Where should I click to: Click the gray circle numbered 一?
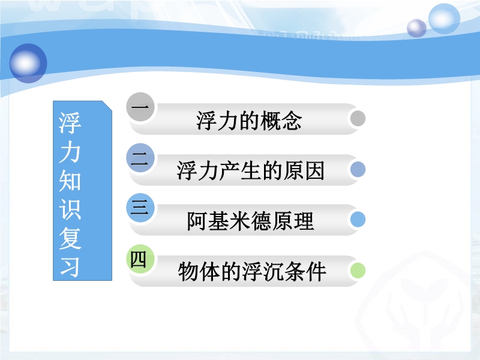tap(140, 107)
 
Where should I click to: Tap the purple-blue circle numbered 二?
tap(140, 158)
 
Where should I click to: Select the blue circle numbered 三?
tap(140, 208)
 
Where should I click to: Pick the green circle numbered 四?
tap(140, 259)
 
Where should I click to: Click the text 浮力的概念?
tap(249, 121)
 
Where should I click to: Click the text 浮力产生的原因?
tap(250, 170)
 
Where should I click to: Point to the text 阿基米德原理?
tap(250, 221)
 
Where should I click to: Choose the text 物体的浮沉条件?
tap(252, 272)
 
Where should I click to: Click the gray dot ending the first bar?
tap(358, 118)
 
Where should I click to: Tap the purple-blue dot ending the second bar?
tap(358, 169)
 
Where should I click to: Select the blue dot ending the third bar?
tap(358, 219)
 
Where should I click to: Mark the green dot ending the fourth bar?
tap(358, 271)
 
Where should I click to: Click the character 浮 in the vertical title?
tap(70, 123)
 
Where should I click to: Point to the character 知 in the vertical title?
tap(70, 181)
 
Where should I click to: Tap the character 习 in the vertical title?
tap(70, 267)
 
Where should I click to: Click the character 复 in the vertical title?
tap(70, 238)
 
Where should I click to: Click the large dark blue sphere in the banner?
tap(28, 64)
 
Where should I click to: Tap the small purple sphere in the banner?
tap(416, 28)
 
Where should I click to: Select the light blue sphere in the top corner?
tap(444, 19)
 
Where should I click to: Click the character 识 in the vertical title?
tap(70, 209)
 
